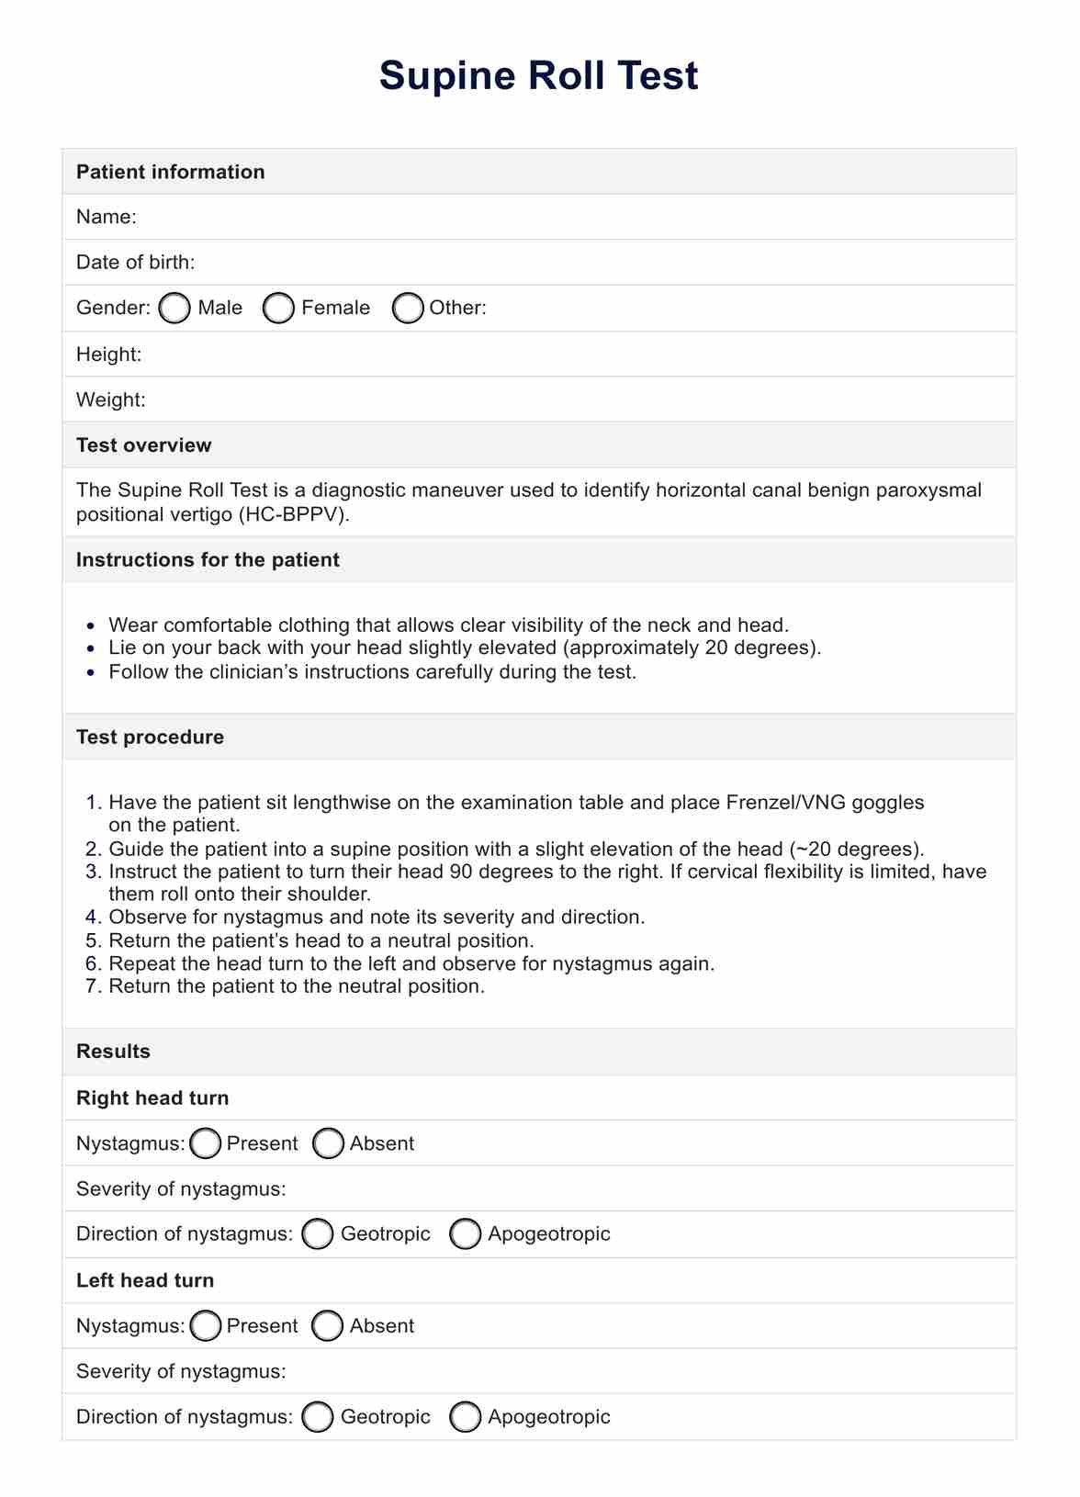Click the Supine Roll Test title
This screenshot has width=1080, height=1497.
538,75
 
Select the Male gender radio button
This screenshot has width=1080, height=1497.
174,309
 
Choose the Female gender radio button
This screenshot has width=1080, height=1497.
278,309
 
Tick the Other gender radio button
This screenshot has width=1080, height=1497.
408,309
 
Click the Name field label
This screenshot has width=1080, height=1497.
106,217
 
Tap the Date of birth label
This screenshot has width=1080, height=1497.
135,263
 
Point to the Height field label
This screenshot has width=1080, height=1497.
108,355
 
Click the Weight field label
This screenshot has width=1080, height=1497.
110,400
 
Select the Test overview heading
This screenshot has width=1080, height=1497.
143,445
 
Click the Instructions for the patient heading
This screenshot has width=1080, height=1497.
208,560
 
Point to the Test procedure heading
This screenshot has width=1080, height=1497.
150,737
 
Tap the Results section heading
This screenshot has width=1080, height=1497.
113,1052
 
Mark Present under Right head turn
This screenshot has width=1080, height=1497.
206,1143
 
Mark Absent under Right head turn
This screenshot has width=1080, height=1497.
328,1143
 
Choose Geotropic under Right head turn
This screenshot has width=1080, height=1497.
318,1234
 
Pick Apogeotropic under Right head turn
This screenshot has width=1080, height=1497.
466,1234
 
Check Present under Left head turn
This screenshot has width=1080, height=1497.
206,1326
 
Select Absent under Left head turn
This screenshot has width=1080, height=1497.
328,1326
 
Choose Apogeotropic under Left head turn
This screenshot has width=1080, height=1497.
466,1417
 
